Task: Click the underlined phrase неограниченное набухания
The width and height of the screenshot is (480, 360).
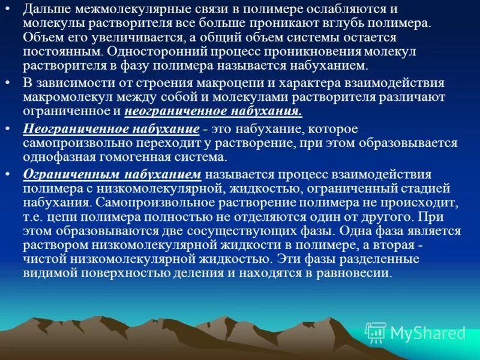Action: tap(213, 111)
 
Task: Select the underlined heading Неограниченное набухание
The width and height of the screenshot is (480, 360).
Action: tap(111, 129)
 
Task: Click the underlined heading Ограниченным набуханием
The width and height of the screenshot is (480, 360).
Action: tap(112, 175)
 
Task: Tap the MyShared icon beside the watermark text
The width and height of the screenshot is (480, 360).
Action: tap(376, 332)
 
